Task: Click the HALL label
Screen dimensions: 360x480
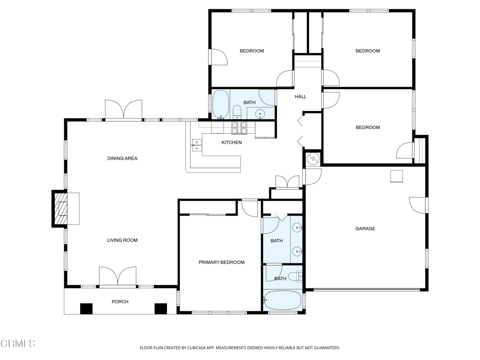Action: coord(300,97)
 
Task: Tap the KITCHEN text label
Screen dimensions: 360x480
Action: coord(232,142)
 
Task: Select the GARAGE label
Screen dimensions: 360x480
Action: coord(365,229)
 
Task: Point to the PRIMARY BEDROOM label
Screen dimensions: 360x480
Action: coord(221,262)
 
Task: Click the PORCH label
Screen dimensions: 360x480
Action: coord(120,301)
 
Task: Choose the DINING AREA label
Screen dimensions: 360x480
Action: coord(122,158)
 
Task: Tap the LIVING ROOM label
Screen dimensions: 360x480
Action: coord(122,240)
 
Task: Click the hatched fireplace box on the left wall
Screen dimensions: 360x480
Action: coord(61,209)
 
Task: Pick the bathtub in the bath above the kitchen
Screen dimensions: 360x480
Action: coord(220,104)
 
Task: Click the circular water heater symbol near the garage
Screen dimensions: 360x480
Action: coord(313,159)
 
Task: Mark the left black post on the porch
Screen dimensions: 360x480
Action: coord(86,309)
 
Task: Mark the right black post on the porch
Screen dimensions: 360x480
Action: coord(161,309)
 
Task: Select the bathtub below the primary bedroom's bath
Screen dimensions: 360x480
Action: coord(282,300)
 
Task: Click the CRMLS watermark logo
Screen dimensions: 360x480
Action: coord(18,344)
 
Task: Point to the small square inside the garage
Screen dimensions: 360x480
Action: coord(397,176)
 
